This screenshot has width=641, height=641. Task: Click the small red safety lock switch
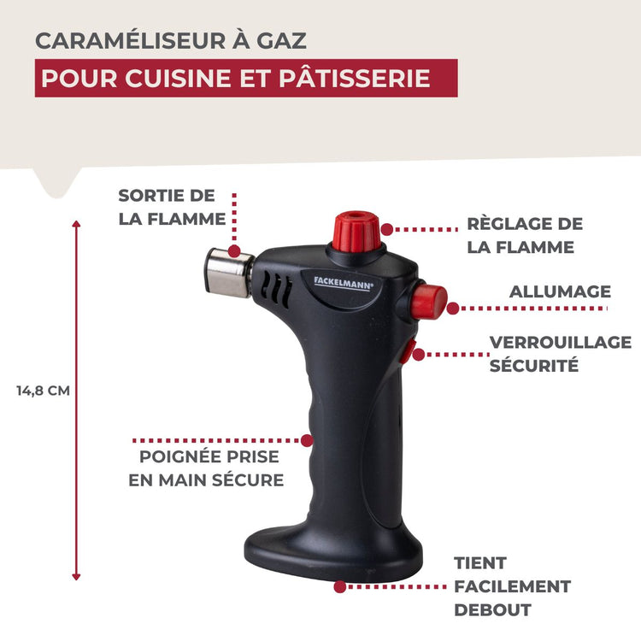click(410, 350)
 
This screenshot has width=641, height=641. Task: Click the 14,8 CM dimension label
click(43, 391)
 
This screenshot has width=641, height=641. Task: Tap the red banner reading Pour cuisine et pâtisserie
click(246, 78)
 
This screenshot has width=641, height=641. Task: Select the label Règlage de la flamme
click(524, 235)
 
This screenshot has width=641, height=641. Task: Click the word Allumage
click(560, 291)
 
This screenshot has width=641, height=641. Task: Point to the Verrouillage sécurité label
click(560, 354)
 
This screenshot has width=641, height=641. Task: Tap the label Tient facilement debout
click(511, 586)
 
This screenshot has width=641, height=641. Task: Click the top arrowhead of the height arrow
click(76, 224)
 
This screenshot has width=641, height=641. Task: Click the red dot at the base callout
click(340, 587)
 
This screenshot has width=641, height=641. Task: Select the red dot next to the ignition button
click(453, 309)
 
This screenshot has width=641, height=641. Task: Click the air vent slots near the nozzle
click(275, 288)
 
